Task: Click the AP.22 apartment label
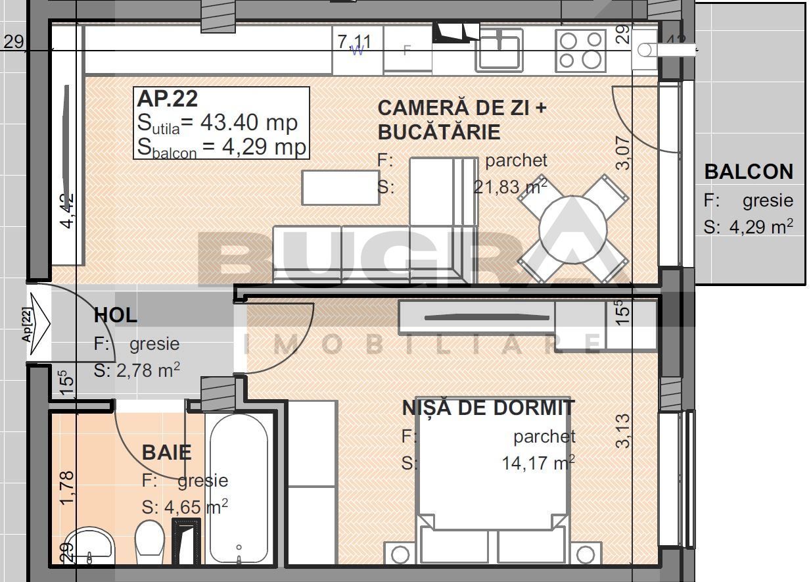(167, 99)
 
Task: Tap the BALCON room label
(749, 172)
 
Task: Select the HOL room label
(116, 315)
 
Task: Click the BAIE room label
(167, 452)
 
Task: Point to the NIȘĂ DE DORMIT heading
(488, 408)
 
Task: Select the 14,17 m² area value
(538, 463)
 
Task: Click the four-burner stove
(580, 50)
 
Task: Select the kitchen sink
(499, 50)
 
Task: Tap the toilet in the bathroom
(149, 541)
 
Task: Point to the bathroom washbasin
(91, 547)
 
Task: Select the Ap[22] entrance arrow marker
(39, 323)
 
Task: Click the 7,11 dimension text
(354, 42)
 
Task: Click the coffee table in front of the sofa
(340, 187)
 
